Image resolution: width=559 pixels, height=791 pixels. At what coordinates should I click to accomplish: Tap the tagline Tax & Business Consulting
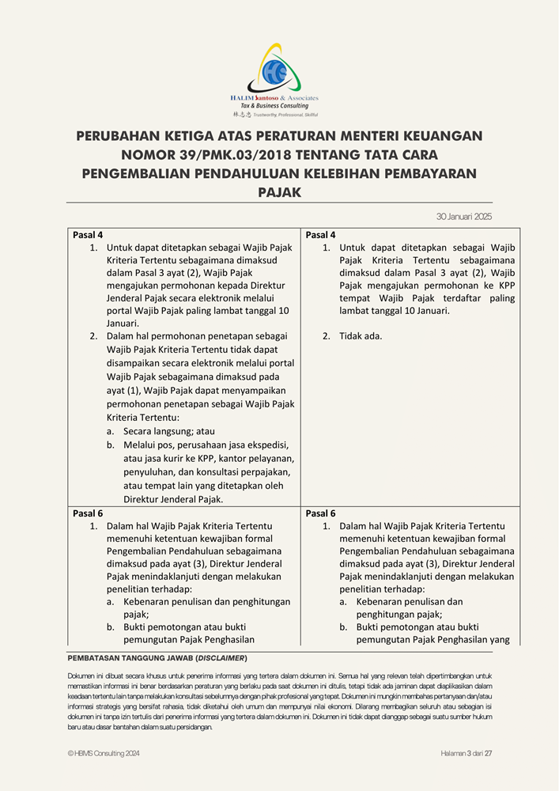(x=274, y=106)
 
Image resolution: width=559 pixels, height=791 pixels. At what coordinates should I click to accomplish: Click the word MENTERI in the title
(x=360, y=136)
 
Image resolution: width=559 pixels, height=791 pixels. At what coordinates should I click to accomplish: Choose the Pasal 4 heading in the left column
(x=88, y=235)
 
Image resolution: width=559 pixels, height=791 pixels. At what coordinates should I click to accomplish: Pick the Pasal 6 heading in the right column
(x=320, y=513)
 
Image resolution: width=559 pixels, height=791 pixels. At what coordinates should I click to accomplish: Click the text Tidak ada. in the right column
(x=361, y=335)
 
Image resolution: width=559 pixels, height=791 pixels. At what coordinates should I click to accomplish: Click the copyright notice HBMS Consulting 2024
(x=104, y=753)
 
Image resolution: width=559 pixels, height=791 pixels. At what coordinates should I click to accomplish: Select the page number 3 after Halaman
(x=469, y=753)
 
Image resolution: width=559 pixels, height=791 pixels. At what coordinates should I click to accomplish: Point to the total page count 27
(x=489, y=753)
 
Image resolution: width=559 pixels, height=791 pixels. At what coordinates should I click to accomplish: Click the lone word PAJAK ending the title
(x=279, y=191)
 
